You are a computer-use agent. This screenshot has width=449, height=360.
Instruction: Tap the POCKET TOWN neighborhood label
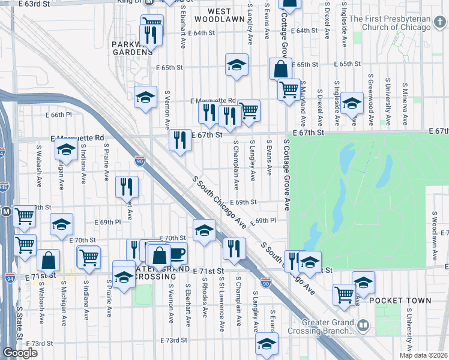click(x=400, y=300)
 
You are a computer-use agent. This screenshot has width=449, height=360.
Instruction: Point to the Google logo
click(x=20, y=353)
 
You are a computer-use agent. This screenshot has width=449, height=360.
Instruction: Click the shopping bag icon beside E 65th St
click(x=280, y=68)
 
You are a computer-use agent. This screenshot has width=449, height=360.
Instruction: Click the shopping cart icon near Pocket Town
click(x=344, y=294)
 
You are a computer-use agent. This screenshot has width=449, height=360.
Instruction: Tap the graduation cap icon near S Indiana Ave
click(x=66, y=149)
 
